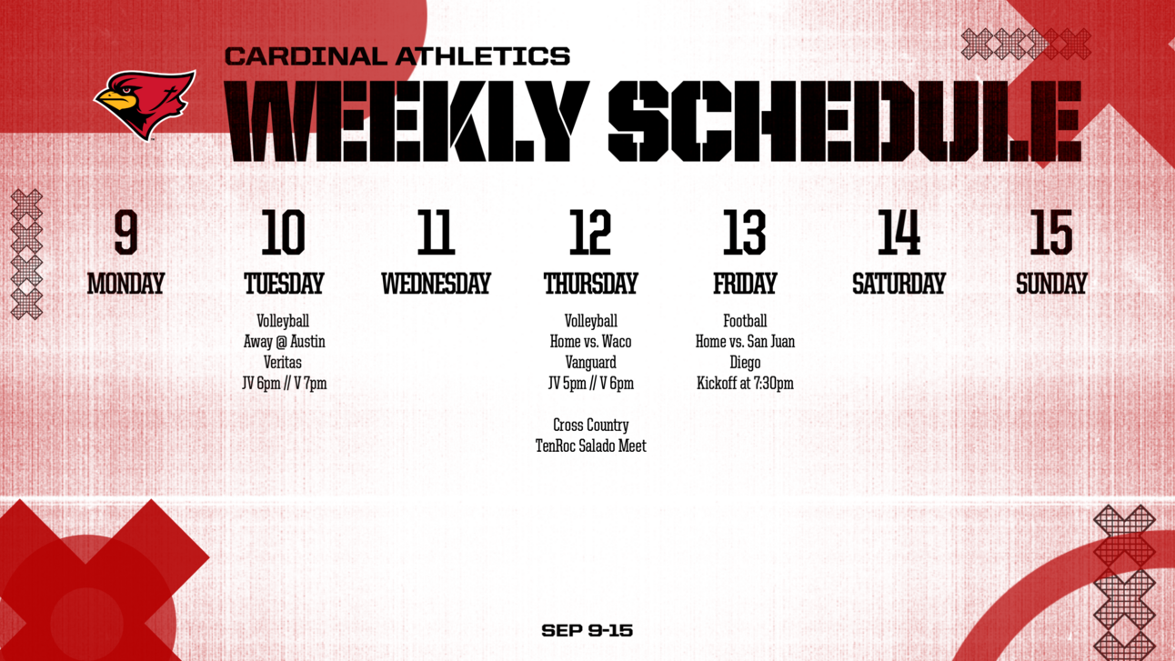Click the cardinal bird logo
[x=145, y=105]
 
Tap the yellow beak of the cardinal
[x=115, y=99]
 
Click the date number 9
[x=126, y=233]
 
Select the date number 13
[x=744, y=233]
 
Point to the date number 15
[x=1050, y=233]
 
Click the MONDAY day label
[x=126, y=284]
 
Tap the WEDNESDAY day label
[x=436, y=284]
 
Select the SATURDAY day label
[x=899, y=284]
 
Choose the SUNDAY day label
[x=1051, y=284]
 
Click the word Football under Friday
[x=745, y=321]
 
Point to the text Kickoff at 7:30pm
[x=745, y=384]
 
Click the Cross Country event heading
[x=590, y=425]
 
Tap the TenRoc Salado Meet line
[x=590, y=446]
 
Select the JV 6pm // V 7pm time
[x=285, y=384]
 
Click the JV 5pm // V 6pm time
[x=590, y=384]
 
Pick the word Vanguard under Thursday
[x=590, y=363]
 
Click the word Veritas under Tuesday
[x=283, y=363]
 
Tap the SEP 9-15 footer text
[x=587, y=630]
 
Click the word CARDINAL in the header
[x=306, y=56]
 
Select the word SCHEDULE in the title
[x=845, y=121]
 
